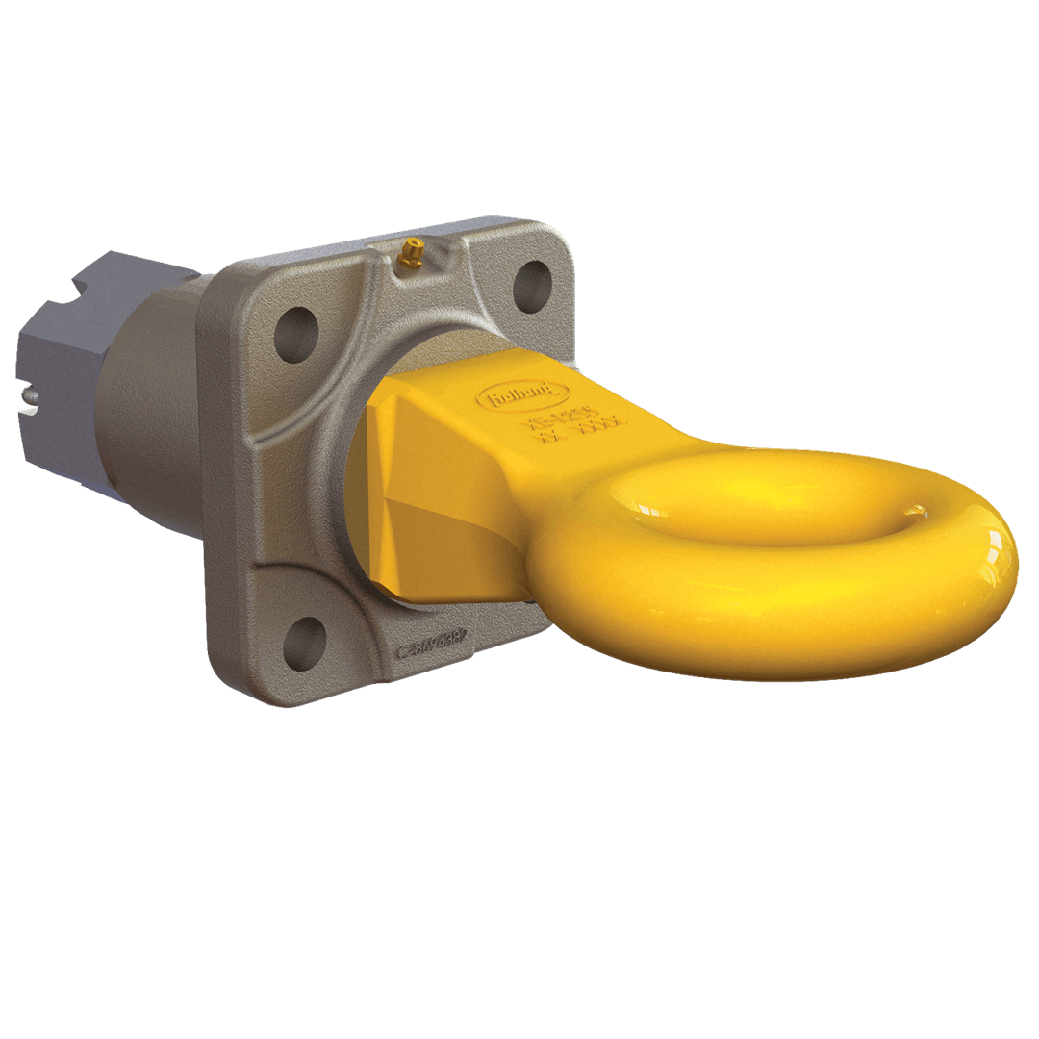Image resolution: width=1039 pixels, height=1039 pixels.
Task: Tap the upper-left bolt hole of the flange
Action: pyautogui.click(x=296, y=335)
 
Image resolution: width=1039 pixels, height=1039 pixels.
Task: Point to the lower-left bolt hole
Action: pyautogui.click(x=305, y=643)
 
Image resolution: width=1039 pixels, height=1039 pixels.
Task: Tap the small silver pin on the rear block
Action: pyautogui.click(x=32, y=393)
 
